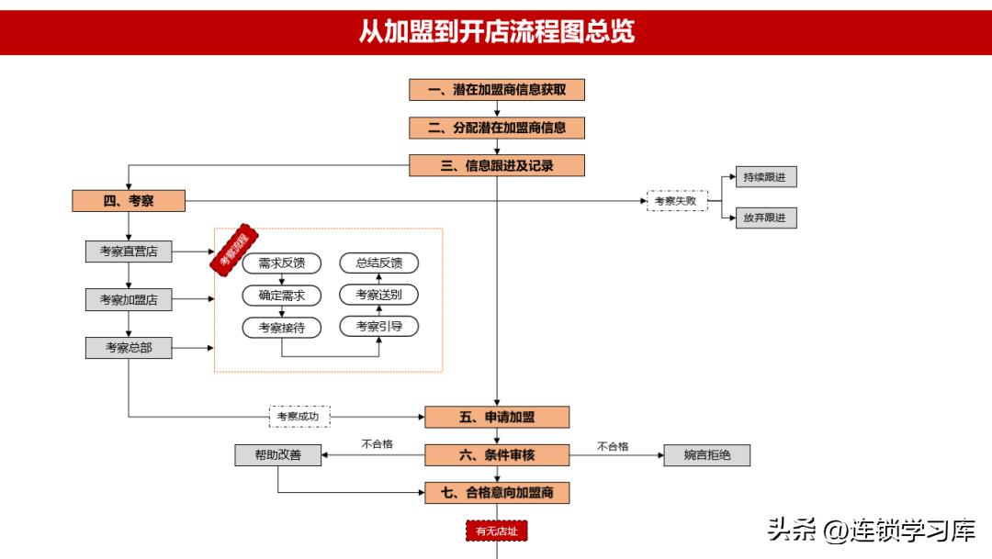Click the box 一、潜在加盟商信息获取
[496, 90]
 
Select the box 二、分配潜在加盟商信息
[496, 128]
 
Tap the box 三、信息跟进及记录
[496, 165]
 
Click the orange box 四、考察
[129, 201]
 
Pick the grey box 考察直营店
[129, 251]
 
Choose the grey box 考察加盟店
[129, 299]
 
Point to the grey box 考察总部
[129, 348]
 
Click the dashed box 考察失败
[677, 201]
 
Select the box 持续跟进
[764, 177]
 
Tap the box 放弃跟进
[764, 218]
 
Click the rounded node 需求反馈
[282, 263]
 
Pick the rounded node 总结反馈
[378, 263]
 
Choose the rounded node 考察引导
[378, 326]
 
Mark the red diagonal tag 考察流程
[233, 249]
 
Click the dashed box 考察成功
[299, 417]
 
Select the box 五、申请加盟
[496, 417]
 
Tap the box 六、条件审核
[496, 454]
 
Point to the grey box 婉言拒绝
[706, 454]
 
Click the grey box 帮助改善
[278, 454]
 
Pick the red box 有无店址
[496, 531]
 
